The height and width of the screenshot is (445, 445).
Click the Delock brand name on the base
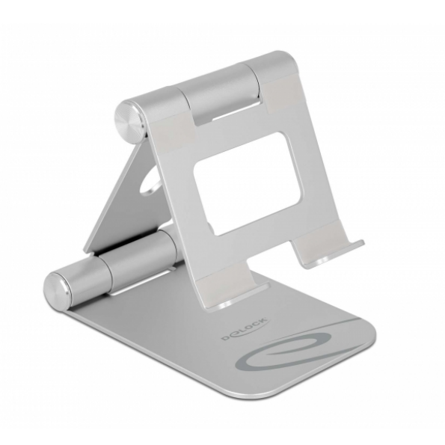[244, 329]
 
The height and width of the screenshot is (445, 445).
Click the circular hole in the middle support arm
[150, 181]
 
